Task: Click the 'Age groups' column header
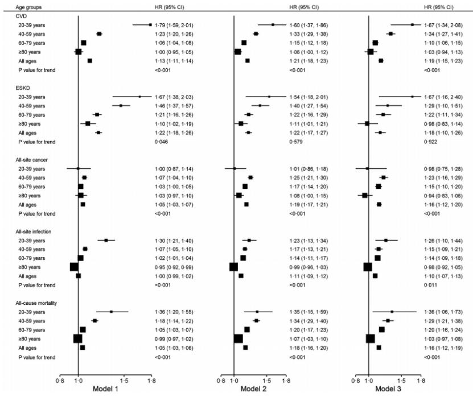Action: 28,7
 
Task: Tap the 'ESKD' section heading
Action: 23,88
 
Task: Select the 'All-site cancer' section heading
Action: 32,160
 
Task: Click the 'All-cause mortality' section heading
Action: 36,303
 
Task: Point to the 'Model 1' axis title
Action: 105,388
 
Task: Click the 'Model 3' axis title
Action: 388,388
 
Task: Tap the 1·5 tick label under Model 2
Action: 266,381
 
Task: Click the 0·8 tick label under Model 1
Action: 60,381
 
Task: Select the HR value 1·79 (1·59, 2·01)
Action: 174,25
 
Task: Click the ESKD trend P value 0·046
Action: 162,142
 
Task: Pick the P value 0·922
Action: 430,142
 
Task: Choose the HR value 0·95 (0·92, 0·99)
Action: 174,267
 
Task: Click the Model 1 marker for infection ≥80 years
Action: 74,267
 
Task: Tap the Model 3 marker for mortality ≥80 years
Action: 371,338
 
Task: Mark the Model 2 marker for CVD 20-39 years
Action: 273,24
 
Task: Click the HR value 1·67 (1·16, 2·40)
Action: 443,97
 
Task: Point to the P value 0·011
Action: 430,285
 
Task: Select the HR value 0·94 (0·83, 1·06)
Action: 443,196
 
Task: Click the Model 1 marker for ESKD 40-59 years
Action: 121,106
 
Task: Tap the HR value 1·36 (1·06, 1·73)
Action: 443,312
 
